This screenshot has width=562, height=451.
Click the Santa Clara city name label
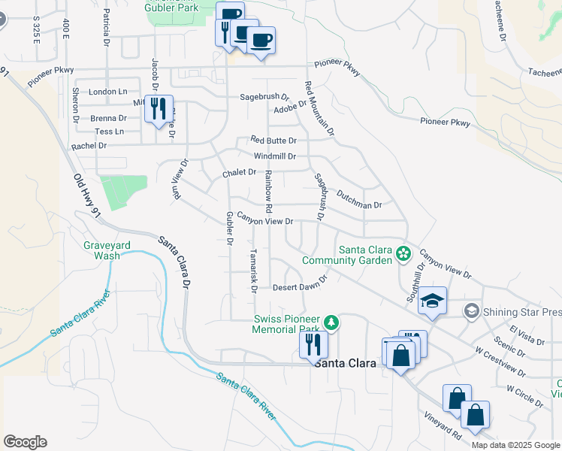[x=346, y=362]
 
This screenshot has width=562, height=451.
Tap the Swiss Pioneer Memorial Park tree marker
[x=330, y=323]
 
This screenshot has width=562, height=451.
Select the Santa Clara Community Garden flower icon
[x=404, y=253]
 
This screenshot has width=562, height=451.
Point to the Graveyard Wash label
[x=102, y=250]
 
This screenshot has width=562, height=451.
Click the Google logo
[x=25, y=442]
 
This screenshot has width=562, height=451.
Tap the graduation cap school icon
[x=432, y=301]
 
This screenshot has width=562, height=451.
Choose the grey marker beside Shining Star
[x=471, y=310]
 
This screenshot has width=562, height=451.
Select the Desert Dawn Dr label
[x=301, y=283]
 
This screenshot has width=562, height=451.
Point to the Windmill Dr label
[x=275, y=156]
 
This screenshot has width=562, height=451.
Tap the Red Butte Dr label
[x=273, y=141]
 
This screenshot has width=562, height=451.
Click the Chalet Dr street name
[x=240, y=173]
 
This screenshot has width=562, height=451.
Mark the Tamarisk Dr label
[x=253, y=271]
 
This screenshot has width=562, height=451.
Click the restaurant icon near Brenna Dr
[x=159, y=109]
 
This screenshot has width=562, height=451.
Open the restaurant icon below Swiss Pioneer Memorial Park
[x=313, y=345]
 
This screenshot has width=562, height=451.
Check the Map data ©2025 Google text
[x=515, y=444]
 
